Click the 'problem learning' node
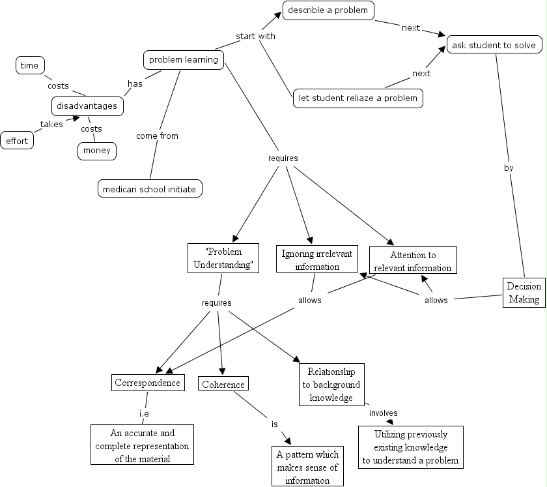click(x=184, y=61)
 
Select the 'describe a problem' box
click(x=328, y=10)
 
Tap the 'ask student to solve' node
click(x=494, y=45)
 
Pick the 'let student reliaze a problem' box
click(x=358, y=98)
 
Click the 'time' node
click(x=29, y=65)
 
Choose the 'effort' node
click(x=17, y=140)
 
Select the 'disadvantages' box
click(x=87, y=106)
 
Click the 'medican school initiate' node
click(x=150, y=189)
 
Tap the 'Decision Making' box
click(x=524, y=293)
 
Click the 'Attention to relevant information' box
click(x=413, y=261)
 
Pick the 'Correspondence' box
click(x=147, y=383)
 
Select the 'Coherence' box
click(x=223, y=384)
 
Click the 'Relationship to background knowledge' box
click(x=331, y=385)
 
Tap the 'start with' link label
click(x=255, y=37)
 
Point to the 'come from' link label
click(x=157, y=136)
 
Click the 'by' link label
click(x=509, y=168)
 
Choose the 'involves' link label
click(x=383, y=413)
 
